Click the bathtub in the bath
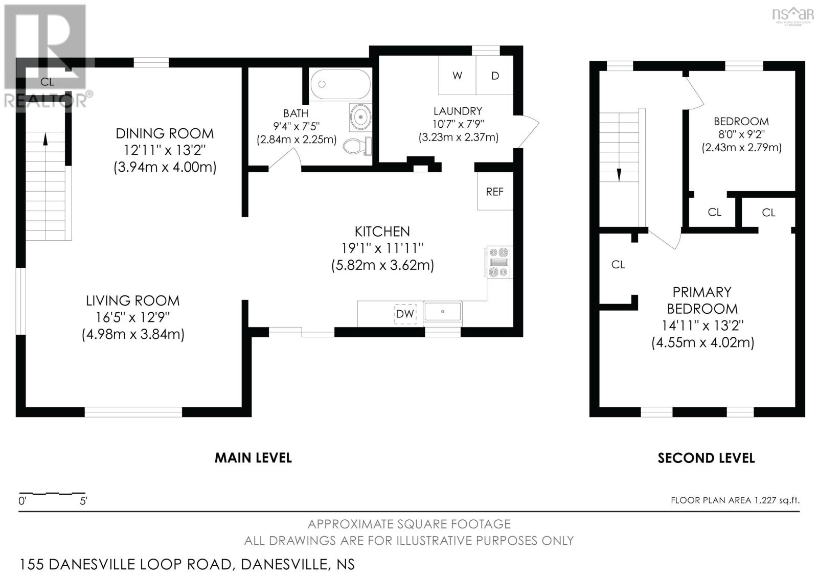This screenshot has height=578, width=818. click(x=340, y=84)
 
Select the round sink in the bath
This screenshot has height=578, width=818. click(x=360, y=117)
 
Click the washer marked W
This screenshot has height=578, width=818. click(x=457, y=76)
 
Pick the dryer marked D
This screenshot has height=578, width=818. click(x=494, y=76)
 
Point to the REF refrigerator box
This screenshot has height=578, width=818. click(x=494, y=192)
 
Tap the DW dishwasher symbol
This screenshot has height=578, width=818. click(x=405, y=313)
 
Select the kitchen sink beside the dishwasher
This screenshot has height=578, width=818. click(x=443, y=312)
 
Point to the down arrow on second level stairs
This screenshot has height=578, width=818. click(x=619, y=174)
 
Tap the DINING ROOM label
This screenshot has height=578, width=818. click(x=165, y=133)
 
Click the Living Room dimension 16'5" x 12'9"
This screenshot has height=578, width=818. click(x=133, y=317)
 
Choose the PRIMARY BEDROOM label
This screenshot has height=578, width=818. click(x=702, y=300)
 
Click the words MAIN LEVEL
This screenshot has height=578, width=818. click(x=253, y=457)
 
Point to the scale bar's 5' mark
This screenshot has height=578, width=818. click(x=83, y=501)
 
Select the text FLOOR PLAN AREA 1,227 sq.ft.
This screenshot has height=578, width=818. click(x=735, y=500)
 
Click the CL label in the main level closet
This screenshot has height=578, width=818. click(x=47, y=82)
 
